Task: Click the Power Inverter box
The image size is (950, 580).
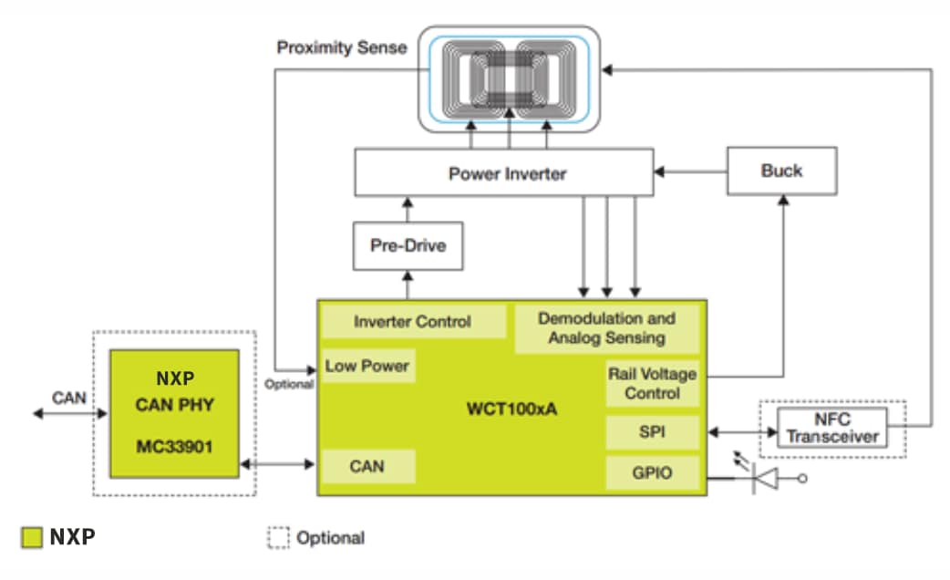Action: (x=503, y=173)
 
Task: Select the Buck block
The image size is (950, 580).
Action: (x=781, y=171)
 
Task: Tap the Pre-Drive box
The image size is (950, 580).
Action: (x=408, y=246)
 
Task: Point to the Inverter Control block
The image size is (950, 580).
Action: (x=412, y=322)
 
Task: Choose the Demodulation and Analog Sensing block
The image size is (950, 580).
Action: (x=606, y=328)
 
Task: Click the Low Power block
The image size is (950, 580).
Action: (x=367, y=367)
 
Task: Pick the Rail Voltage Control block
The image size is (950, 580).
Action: (x=652, y=383)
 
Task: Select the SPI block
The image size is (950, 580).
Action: (x=652, y=432)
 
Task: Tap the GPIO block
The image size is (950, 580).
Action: (x=652, y=472)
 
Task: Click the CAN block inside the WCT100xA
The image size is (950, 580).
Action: (x=367, y=466)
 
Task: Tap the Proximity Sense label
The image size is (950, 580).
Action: (x=342, y=47)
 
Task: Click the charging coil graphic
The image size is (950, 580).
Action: (x=509, y=79)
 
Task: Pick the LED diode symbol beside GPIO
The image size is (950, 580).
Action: (x=764, y=478)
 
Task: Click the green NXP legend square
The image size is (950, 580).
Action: (x=33, y=537)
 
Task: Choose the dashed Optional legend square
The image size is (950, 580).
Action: (x=278, y=537)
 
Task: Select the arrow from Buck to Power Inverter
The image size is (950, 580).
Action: (x=690, y=171)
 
